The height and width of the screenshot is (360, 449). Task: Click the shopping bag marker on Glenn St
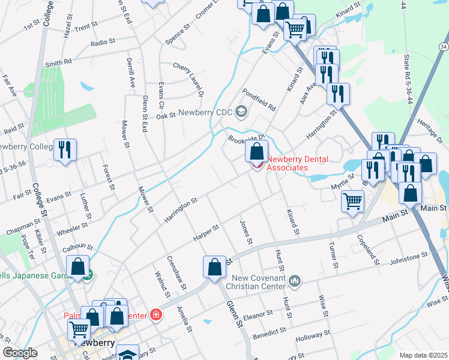point(214,268)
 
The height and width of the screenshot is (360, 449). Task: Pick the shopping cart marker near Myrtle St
point(352,201)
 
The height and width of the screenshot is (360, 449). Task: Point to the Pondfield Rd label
point(259,100)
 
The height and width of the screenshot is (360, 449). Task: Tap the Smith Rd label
point(58,62)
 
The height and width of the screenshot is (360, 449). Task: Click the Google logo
point(20,353)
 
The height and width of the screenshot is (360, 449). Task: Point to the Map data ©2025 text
point(423,355)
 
